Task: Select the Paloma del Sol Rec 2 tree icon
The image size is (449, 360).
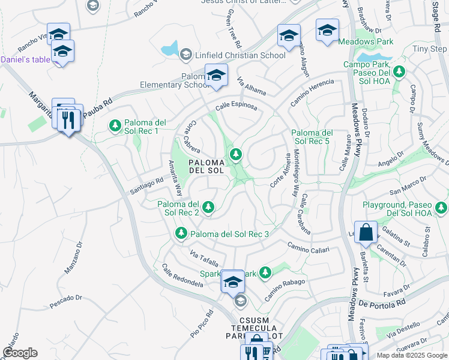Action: click(208, 208)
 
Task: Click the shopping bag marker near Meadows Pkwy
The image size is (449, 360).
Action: click(366, 232)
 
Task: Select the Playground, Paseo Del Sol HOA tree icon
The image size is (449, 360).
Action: click(442, 208)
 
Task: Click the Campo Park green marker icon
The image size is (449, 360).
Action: click(399, 72)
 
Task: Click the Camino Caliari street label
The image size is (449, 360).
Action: click(308, 247)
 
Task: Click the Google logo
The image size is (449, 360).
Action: click(20, 353)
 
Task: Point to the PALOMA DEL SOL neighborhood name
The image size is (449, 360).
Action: click(207, 166)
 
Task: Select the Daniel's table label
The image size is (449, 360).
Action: click(25, 59)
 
